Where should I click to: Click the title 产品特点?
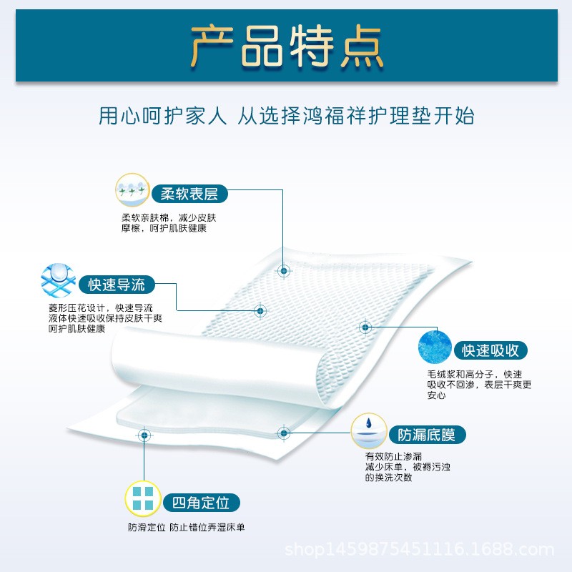[286, 46]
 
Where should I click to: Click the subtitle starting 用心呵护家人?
[286, 115]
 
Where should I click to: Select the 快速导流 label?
[116, 285]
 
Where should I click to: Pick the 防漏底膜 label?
[427, 434]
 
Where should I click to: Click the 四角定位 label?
[201, 502]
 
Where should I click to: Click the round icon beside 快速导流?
[59, 282]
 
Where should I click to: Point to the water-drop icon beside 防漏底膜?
[368, 431]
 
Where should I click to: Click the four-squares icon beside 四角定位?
[143, 499]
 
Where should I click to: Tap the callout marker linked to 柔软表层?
[284, 271]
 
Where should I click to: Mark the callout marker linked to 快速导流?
[260, 310]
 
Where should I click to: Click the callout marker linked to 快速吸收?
[365, 327]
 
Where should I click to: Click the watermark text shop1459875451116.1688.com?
[420, 549]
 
